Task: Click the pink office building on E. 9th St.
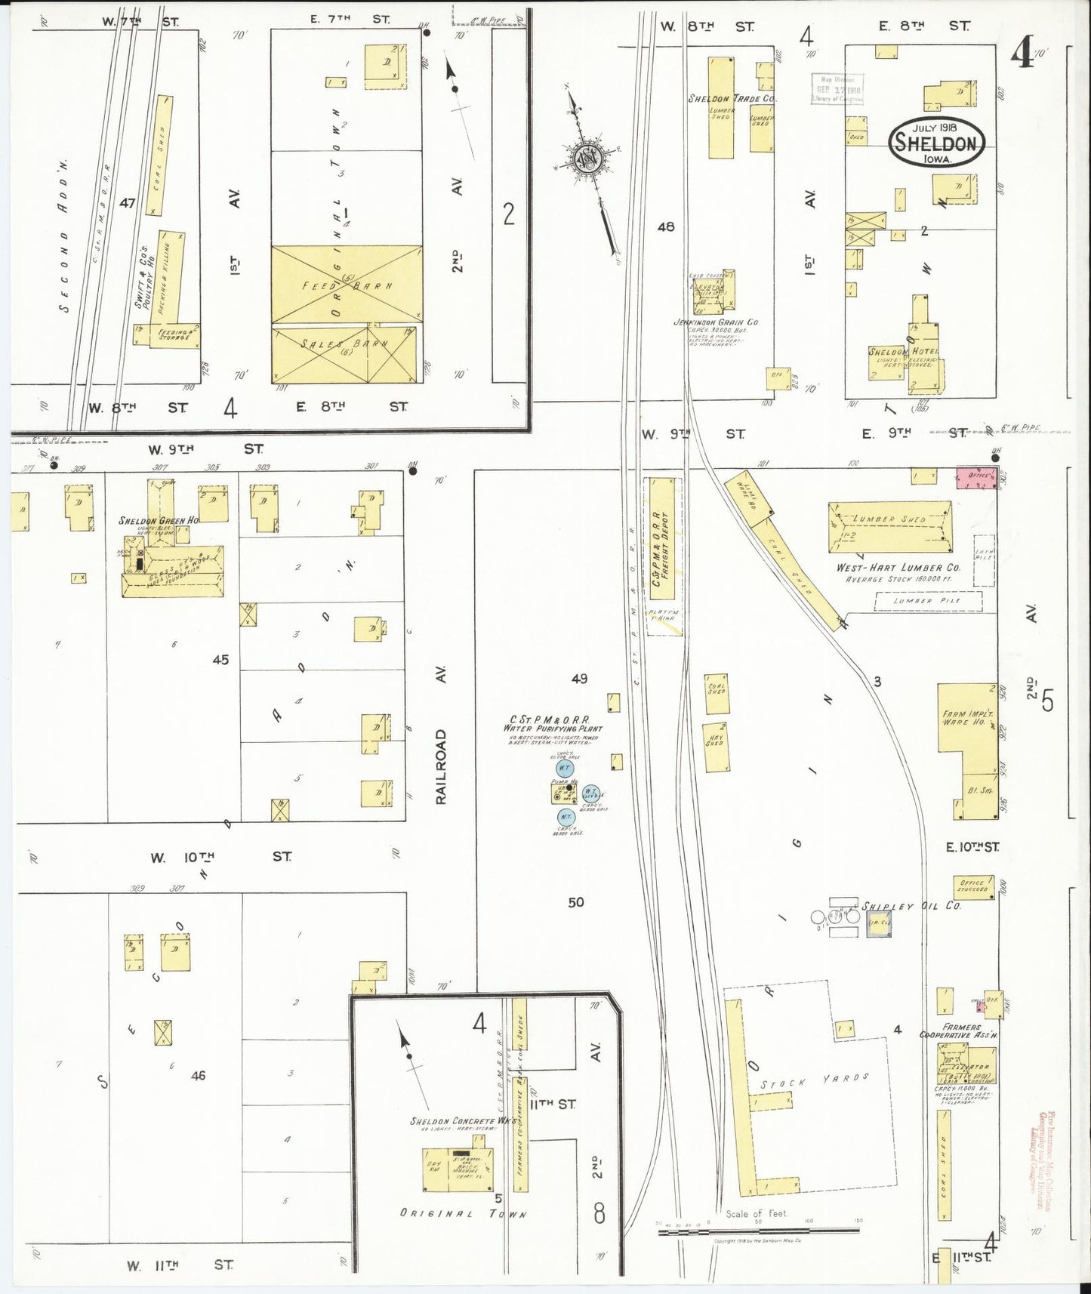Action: click(977, 476)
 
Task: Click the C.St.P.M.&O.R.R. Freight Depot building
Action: click(661, 547)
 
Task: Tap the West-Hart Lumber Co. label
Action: click(897, 568)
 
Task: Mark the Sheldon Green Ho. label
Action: click(159, 521)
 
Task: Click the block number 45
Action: click(220, 659)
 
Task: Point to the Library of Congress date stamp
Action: click(837, 89)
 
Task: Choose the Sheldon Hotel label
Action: click(902, 352)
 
